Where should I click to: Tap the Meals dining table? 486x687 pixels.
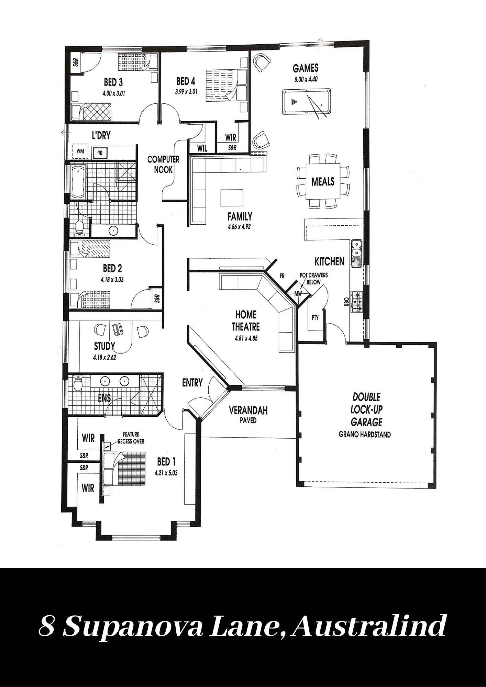pos(323,181)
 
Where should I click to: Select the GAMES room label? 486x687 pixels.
pos(306,68)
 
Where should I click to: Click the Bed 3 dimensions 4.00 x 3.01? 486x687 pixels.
pos(113,93)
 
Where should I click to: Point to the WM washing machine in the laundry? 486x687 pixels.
pos(80,151)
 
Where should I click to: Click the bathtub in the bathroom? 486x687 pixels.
pos(79,182)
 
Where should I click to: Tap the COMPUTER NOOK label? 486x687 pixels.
pos(163,164)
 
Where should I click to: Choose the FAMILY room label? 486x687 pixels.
pos(240,216)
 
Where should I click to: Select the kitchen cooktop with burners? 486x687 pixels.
pos(356,302)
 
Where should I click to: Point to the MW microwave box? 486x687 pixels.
pos(298,293)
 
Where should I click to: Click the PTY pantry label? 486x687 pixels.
pos(315,318)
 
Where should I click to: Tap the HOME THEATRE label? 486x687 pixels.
pos(246,320)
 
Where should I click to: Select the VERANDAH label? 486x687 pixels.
pos(248,410)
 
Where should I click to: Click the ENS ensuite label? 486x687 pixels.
pos(104,398)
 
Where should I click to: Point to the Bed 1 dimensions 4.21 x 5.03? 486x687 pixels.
pos(166,473)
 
